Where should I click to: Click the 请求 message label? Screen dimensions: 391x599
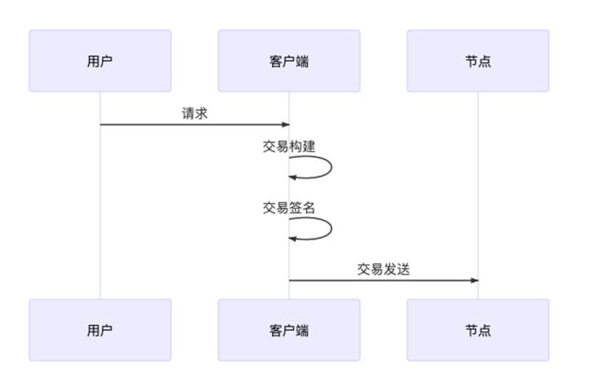[x=195, y=113]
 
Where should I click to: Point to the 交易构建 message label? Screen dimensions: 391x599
[x=288, y=146]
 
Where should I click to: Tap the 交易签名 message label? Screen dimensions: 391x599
[x=288, y=208]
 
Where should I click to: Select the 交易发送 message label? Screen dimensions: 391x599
[x=383, y=270]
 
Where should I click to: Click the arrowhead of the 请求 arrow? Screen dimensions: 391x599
[x=286, y=125]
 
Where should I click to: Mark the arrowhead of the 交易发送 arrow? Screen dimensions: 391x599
[x=474, y=281]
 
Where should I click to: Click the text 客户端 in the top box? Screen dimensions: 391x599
[x=288, y=61]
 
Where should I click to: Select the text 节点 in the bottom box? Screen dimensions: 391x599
[x=478, y=330]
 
